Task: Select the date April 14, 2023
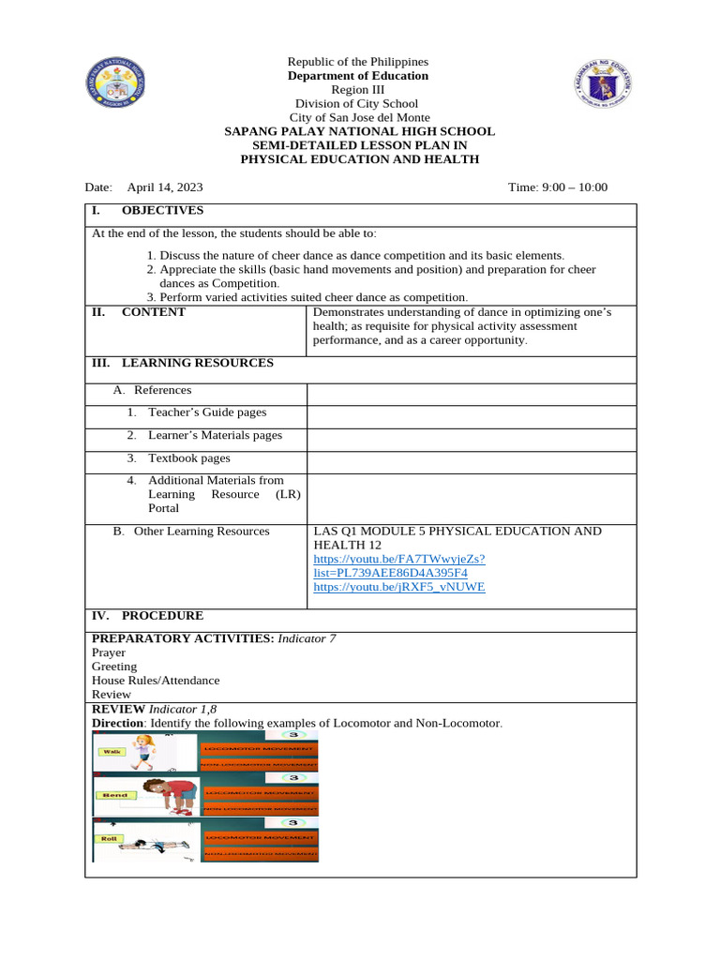[172, 187]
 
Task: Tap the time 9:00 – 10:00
[557, 187]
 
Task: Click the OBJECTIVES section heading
[162, 211]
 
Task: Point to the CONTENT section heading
[153, 312]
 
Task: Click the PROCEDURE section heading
[161, 616]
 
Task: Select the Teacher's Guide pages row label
[206, 412]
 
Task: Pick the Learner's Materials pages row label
[215, 435]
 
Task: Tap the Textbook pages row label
[188, 458]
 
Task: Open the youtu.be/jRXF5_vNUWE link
[398, 587]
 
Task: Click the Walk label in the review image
[113, 752]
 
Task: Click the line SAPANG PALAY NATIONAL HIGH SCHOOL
[359, 132]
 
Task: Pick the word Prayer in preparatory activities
[109, 652]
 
